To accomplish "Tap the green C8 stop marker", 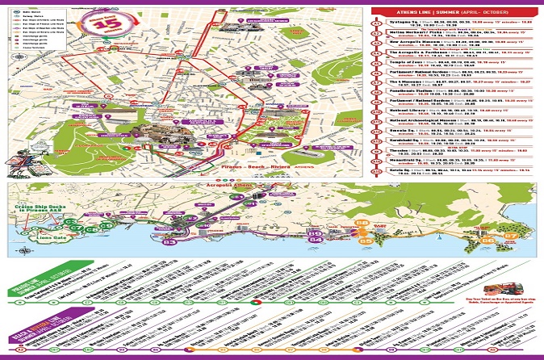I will tap(93, 229).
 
